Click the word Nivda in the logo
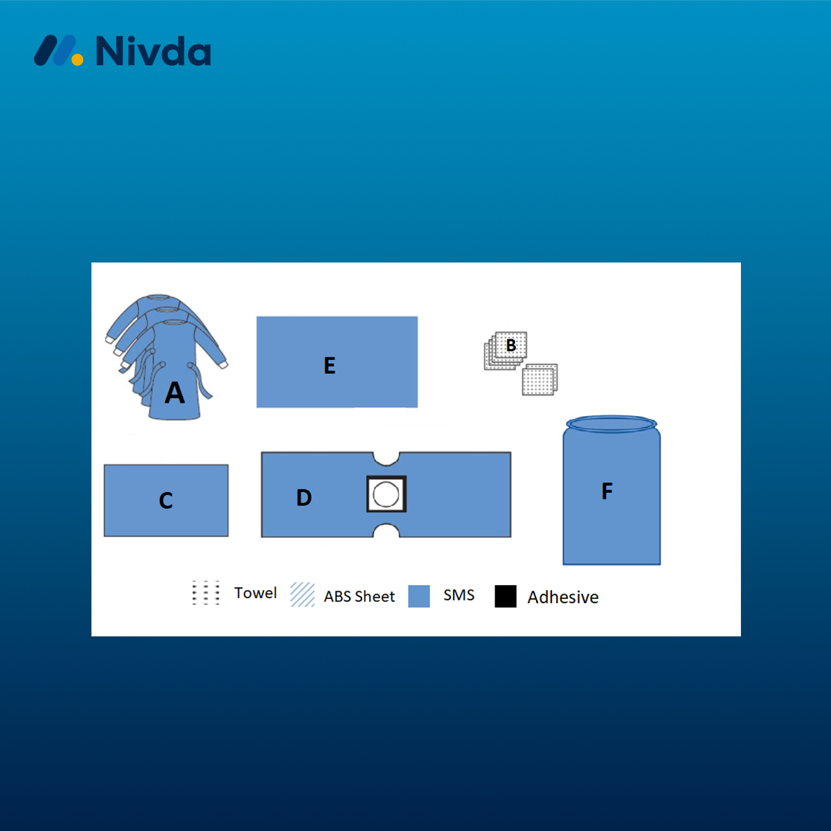154,51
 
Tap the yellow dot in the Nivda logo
77,59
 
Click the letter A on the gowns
175,393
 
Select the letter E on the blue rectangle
330,365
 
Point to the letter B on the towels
511,345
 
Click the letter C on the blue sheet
166,501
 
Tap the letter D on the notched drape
304,497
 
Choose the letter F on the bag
607,491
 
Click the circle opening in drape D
386,494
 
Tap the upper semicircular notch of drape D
386,458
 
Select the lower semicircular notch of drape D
386,530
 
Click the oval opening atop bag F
611,425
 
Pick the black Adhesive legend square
506,596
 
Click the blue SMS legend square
419,596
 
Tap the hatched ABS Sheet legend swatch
303,595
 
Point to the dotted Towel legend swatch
206,593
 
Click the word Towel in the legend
256,593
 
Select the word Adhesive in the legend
563,597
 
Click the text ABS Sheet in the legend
359,596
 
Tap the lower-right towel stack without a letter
539,379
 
